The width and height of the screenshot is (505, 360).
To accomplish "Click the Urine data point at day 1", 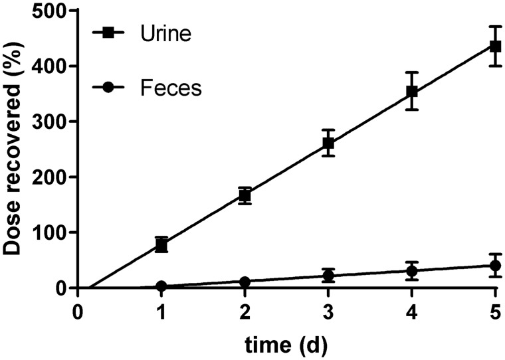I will coord(161,245).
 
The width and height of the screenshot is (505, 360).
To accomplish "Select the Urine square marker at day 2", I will coord(245,195).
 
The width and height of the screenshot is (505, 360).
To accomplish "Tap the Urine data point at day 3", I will coord(328,143).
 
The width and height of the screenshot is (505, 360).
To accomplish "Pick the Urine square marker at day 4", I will coord(412,91).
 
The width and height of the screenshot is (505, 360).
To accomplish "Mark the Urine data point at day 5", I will coord(495,46).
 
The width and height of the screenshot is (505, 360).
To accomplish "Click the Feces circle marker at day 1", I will coord(161,286).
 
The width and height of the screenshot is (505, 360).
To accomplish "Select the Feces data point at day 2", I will coord(245,282).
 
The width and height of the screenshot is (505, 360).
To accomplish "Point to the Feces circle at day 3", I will coord(328,276).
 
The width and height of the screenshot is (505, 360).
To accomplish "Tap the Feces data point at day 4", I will coord(412,271).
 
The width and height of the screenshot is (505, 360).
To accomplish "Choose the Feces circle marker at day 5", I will coord(495,266).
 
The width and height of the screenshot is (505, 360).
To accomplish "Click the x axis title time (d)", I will coord(286,345).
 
